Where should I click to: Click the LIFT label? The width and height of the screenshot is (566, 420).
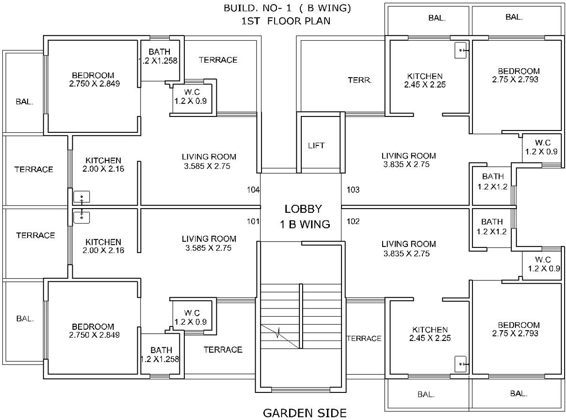(x=316, y=145)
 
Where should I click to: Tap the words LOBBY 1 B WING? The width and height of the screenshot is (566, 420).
(x=303, y=216)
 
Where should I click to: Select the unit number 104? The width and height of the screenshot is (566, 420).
(x=253, y=190)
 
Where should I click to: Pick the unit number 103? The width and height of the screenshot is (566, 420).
(x=353, y=190)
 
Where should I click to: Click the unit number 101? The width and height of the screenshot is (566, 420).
(x=253, y=221)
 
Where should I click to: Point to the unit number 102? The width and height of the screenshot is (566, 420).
(x=353, y=221)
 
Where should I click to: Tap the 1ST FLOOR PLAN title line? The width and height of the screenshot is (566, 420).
(x=286, y=20)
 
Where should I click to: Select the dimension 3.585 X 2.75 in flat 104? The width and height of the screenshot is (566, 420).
(x=209, y=166)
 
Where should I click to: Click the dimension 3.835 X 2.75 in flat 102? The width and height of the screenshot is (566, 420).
(x=406, y=253)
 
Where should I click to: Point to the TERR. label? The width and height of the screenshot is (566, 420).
(x=360, y=80)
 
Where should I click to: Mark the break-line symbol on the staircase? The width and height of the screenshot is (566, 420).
(x=280, y=335)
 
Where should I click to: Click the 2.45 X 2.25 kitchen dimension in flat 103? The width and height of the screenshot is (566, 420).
(x=425, y=84)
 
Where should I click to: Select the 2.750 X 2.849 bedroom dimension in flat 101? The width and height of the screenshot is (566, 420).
(x=94, y=335)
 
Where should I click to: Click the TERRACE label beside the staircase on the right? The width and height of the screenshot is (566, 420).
(x=364, y=338)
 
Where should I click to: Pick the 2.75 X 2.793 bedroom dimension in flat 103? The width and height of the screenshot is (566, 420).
(x=519, y=79)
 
